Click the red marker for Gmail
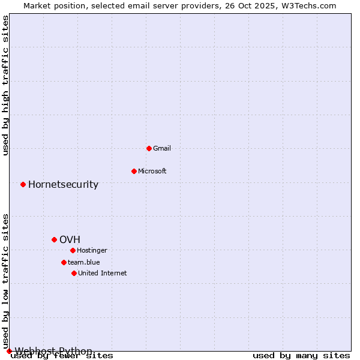(x=149, y=148)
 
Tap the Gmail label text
(x=162, y=148)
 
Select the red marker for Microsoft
(x=134, y=171)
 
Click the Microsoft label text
(x=152, y=171)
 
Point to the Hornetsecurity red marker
(x=23, y=184)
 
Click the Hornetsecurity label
(x=63, y=184)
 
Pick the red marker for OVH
(x=54, y=239)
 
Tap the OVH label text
(x=70, y=239)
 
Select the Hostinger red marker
(x=73, y=250)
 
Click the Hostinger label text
(x=92, y=250)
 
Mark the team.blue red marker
(x=64, y=262)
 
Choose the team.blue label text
(x=84, y=262)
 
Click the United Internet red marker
(x=74, y=273)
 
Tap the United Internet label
(x=103, y=273)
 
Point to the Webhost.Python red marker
(x=9, y=351)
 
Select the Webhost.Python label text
(x=53, y=351)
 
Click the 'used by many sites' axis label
(x=301, y=356)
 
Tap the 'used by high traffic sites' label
(x=6, y=85)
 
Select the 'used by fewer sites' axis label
(x=62, y=356)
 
